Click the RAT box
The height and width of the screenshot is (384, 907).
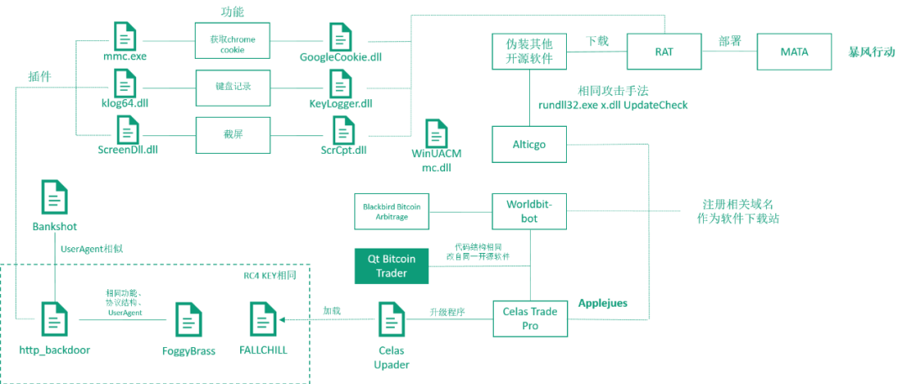tap(663, 52)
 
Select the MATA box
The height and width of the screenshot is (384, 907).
tap(794, 52)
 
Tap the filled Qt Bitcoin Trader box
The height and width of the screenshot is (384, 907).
tap(391, 266)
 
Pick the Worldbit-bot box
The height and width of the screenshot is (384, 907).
tap(529, 210)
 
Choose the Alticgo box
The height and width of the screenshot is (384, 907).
tap(529, 145)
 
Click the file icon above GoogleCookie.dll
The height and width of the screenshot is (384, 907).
tap(340, 37)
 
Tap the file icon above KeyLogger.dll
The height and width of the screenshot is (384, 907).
tap(340, 83)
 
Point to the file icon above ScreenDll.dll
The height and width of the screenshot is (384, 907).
tap(128, 130)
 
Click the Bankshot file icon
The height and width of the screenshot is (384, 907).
tap(55, 198)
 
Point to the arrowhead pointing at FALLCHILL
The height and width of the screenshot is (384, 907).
tap(283, 320)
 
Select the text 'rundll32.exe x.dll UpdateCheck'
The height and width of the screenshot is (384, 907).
tap(613, 105)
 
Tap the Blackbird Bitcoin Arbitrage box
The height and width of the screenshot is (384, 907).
tap(391, 211)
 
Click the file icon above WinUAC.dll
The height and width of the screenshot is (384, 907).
tap(437, 134)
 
